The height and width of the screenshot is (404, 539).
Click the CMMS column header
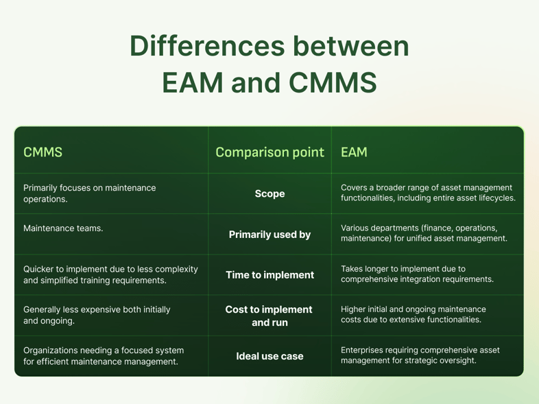click(43, 152)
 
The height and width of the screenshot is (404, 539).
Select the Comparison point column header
click(269, 152)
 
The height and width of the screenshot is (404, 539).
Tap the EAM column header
click(354, 152)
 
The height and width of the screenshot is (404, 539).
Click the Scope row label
click(269, 193)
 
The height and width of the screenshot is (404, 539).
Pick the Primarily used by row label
click(269, 235)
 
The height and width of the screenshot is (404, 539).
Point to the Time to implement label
click(269, 275)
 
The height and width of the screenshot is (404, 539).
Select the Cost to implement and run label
click(269, 316)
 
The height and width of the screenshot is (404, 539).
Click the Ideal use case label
click(269, 357)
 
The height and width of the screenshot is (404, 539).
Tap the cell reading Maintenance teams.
click(63, 228)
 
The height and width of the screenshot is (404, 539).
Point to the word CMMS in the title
click(333, 82)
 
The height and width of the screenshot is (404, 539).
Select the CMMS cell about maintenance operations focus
click(89, 193)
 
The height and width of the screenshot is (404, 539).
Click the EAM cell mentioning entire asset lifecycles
click(428, 193)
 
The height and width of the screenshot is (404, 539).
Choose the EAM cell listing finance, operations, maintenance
click(424, 233)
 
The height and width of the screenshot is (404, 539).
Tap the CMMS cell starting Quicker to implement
click(110, 274)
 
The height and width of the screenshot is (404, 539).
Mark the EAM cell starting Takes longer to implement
click(418, 274)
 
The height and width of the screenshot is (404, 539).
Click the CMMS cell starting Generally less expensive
click(97, 315)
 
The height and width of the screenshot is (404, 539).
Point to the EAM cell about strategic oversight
click(420, 355)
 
